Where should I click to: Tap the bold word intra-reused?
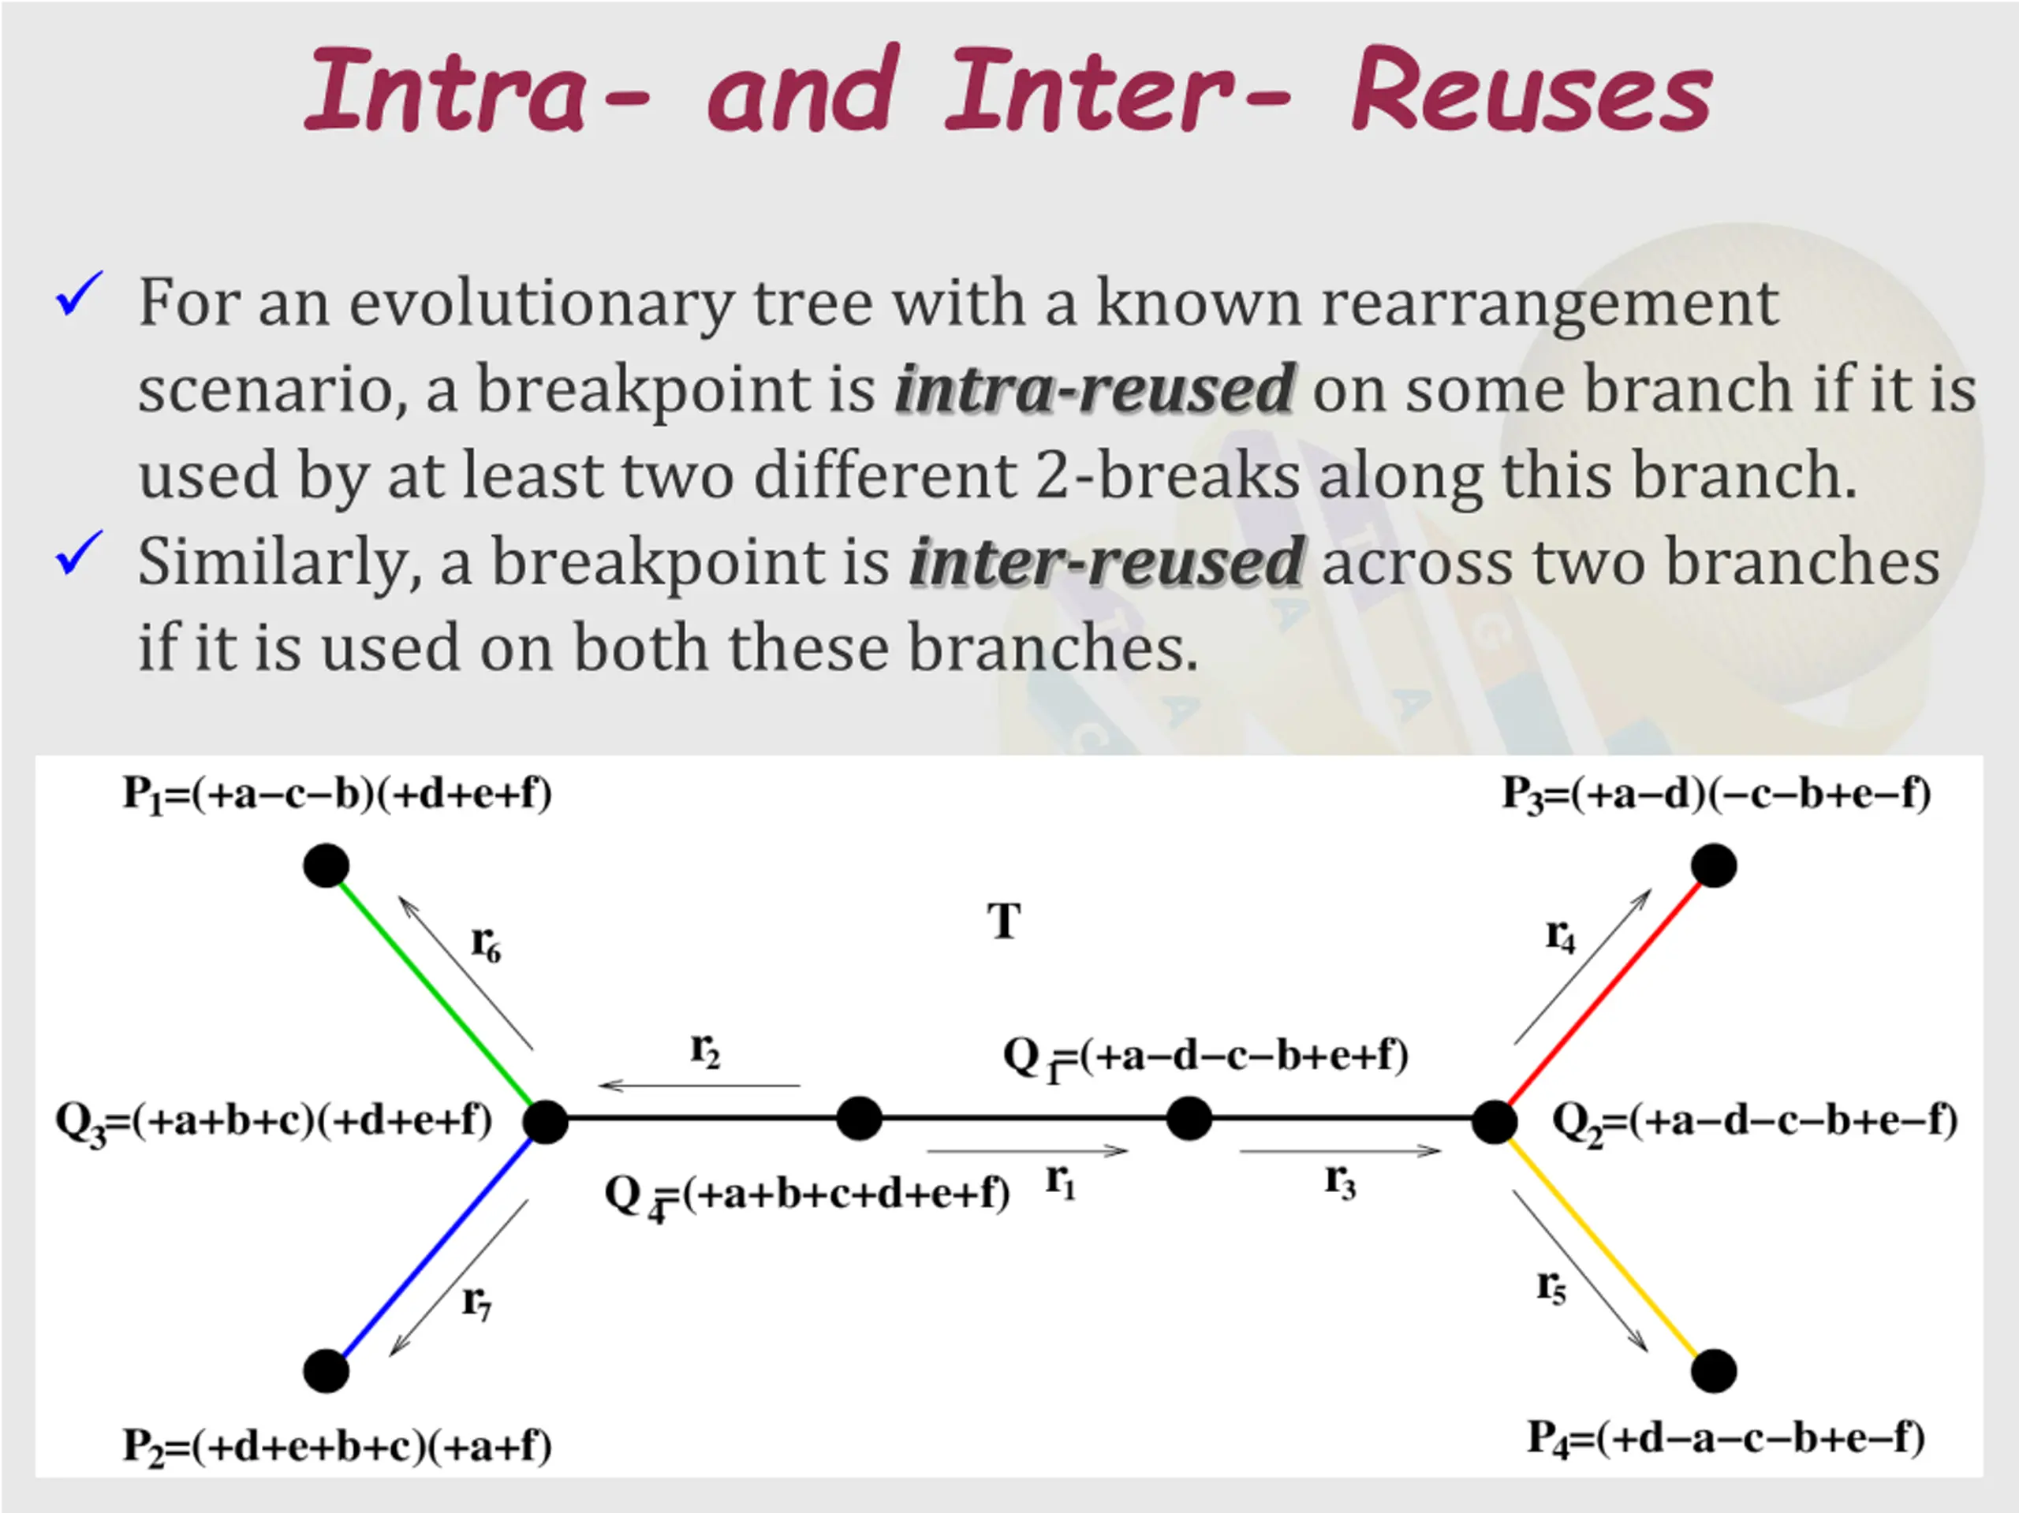(1093, 389)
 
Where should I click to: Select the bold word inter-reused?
(1107, 562)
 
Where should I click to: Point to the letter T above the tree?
(1004, 922)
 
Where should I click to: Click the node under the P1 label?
(326, 865)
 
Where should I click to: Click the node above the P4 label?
(1713, 1370)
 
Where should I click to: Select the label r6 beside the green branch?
(486, 944)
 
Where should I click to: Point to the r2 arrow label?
(704, 1051)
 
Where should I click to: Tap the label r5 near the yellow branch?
(1551, 1287)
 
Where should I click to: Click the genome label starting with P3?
(1716, 794)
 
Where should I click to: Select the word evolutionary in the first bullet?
(540, 303)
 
